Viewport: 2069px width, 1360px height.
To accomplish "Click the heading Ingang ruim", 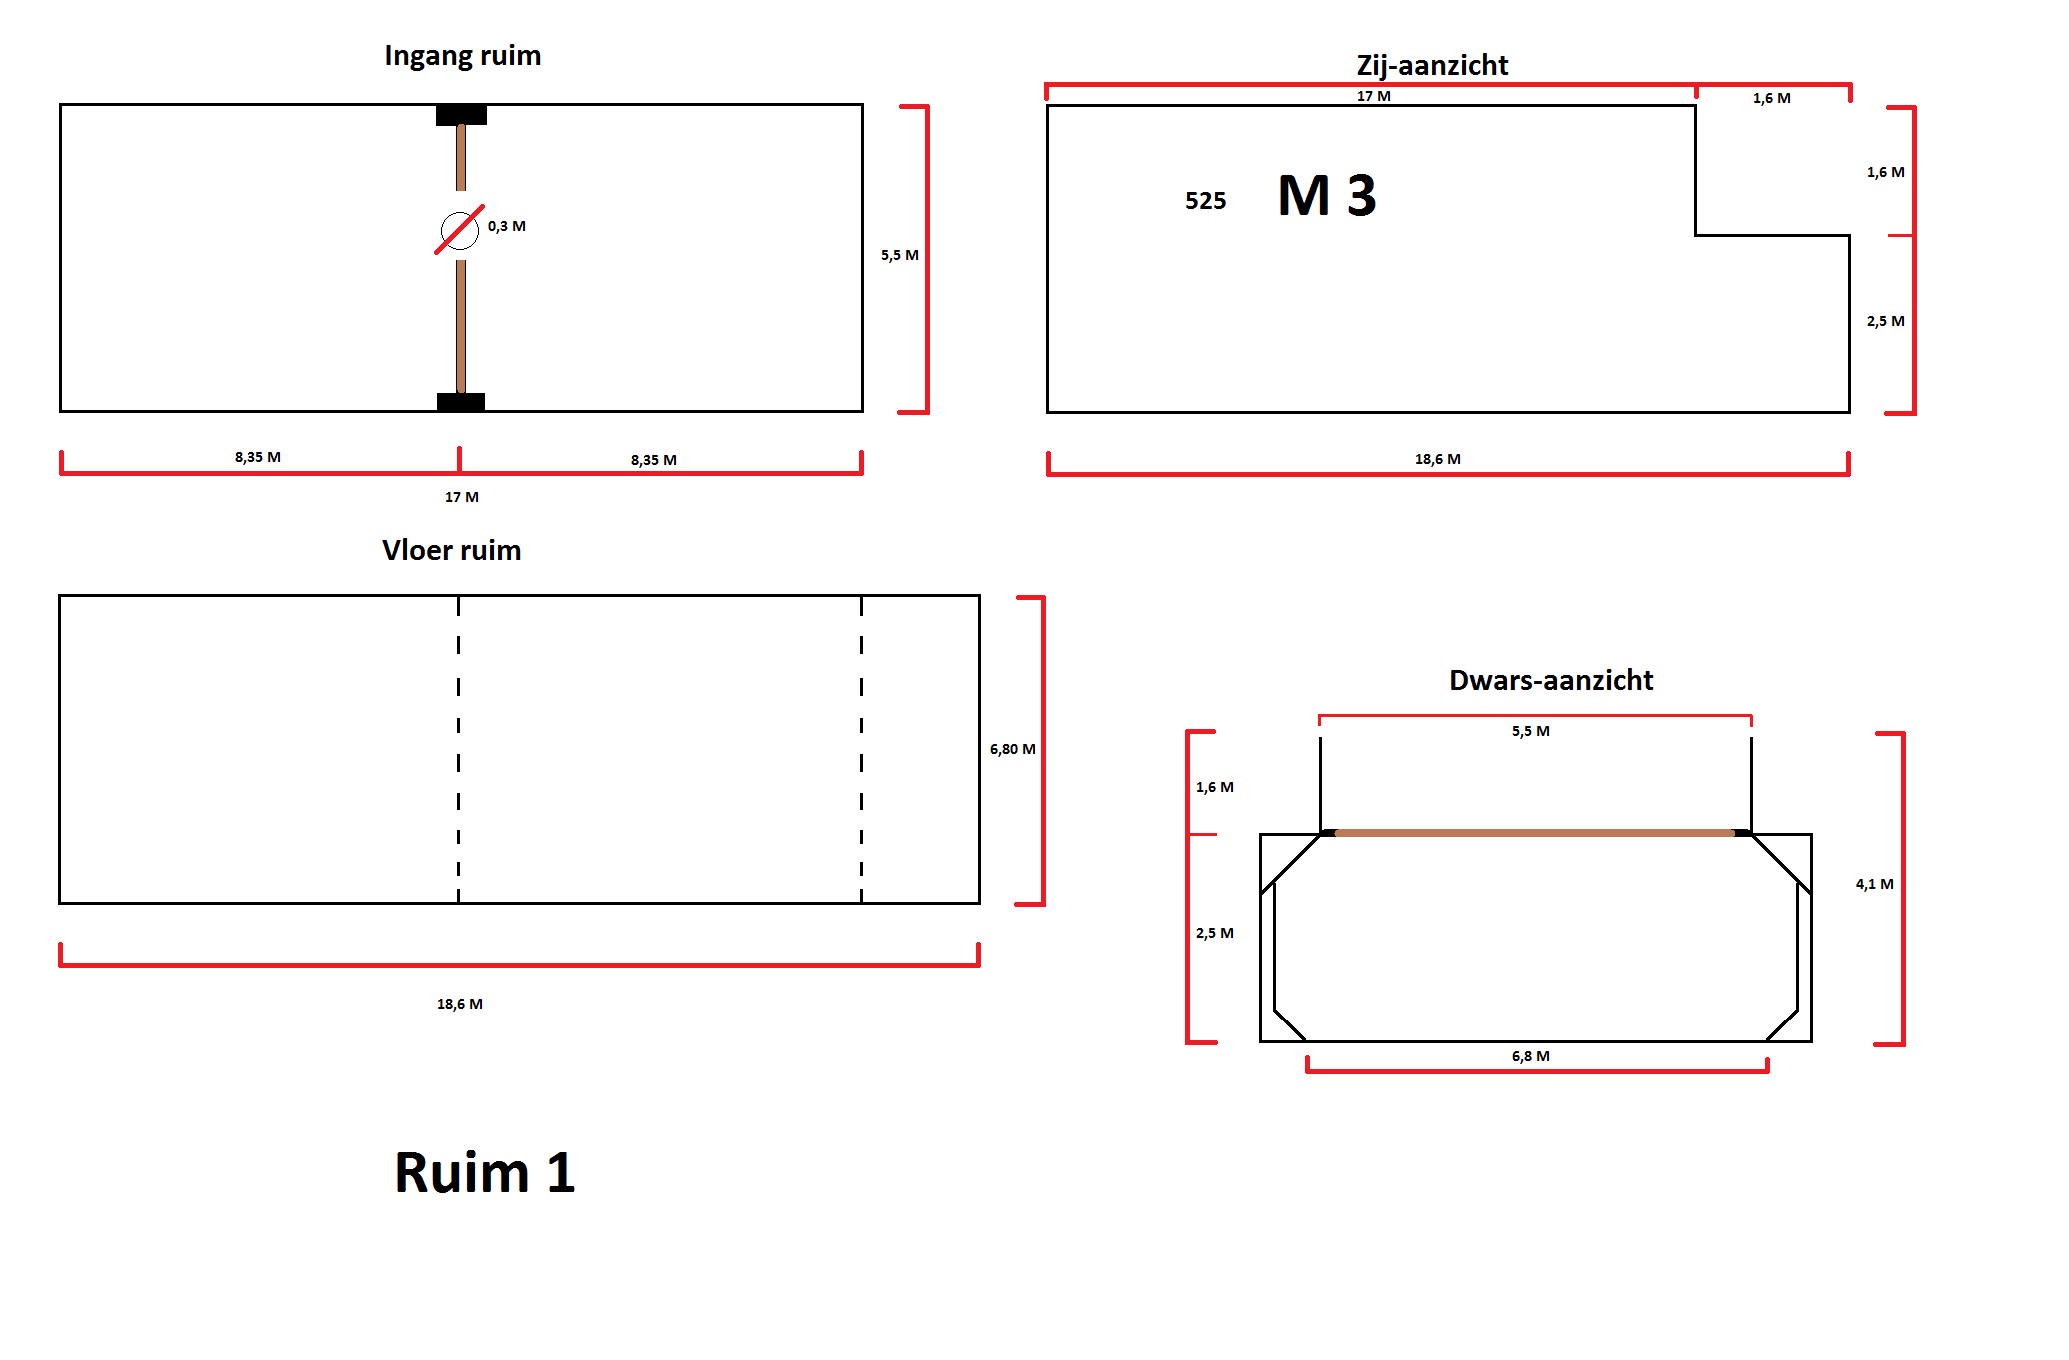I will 462,56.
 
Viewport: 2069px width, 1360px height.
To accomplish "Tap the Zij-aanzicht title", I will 1432,66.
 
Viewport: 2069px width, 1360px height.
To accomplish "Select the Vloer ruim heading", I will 451,551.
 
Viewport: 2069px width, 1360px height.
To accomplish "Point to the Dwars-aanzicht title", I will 1551,681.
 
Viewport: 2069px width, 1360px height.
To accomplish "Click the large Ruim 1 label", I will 485,1172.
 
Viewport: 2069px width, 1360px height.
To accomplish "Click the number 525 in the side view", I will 1205,201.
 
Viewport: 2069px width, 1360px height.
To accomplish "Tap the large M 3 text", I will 1327,196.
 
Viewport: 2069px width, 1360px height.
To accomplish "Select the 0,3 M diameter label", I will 507,227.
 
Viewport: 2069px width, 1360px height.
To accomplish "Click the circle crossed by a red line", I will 459,230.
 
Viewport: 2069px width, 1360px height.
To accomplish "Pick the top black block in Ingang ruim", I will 461,115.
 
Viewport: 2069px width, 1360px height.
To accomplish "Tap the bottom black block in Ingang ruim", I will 461,402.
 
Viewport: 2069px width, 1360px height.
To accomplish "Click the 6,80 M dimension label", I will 1012,750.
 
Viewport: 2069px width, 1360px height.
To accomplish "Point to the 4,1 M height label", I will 1874,885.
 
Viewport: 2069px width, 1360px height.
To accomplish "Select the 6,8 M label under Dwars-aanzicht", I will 1530,1056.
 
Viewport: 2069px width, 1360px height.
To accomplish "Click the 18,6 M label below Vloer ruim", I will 459,1004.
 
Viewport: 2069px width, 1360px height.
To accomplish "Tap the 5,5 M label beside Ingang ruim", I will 899,256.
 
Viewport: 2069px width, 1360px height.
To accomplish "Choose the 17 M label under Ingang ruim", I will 461,497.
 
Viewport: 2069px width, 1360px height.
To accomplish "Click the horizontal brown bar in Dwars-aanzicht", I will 1535,832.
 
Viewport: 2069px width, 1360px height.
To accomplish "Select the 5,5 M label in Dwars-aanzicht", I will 1530,732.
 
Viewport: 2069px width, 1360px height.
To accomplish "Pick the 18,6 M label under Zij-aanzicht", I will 1437,460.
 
